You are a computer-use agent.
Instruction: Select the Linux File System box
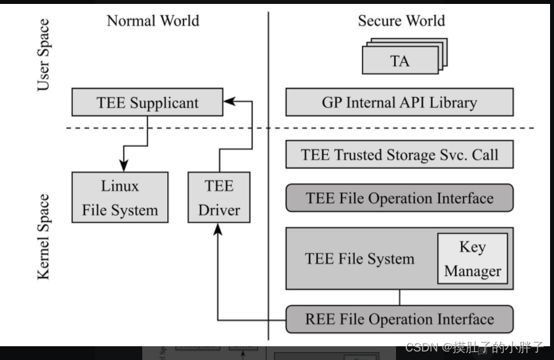[119, 197]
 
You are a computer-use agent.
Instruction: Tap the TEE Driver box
[218, 197]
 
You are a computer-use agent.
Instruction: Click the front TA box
[399, 62]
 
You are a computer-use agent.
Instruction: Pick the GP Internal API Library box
[399, 103]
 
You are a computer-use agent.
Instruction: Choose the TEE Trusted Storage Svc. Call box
[399, 155]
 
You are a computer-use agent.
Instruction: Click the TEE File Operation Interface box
[399, 198]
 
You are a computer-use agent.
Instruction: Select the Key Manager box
[472, 258]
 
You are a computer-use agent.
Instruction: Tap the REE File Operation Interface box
[399, 319]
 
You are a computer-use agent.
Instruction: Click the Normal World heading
[153, 21]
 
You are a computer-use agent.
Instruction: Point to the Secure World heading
[401, 21]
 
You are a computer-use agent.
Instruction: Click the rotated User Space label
[43, 55]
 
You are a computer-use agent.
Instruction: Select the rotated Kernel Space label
[43, 237]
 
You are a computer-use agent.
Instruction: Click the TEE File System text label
[359, 258]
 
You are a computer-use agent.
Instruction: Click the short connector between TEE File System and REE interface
[399, 297]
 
